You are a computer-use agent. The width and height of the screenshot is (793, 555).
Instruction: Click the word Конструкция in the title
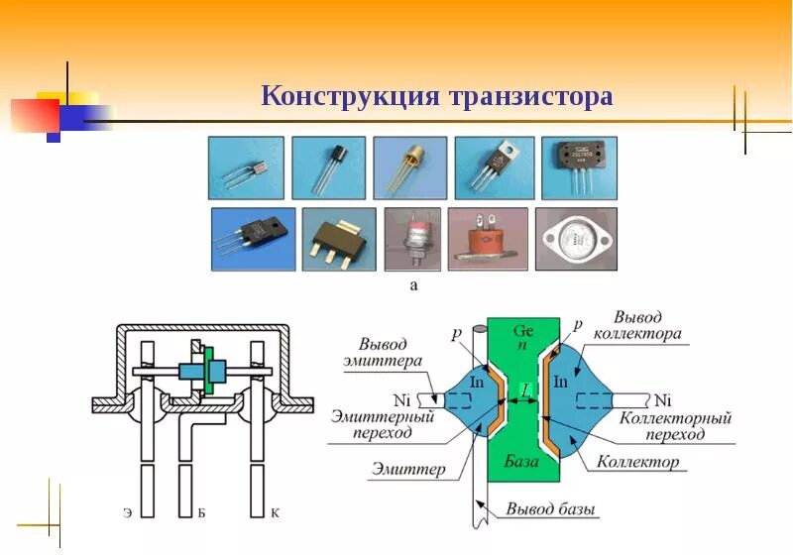tap(349, 97)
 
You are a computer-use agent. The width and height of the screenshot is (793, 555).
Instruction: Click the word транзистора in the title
tap(530, 97)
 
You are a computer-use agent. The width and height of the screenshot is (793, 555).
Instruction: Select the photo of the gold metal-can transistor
tap(409, 167)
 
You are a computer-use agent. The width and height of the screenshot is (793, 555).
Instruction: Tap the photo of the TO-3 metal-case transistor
tap(577, 239)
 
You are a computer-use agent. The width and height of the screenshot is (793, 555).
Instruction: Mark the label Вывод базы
tap(551, 510)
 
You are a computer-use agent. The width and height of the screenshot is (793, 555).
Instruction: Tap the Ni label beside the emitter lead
tap(400, 400)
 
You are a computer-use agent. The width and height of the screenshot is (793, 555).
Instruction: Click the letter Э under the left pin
tap(128, 513)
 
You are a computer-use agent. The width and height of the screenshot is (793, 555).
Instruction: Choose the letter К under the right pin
tap(275, 513)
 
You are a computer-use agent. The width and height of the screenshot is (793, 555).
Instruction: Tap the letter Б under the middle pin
tap(201, 513)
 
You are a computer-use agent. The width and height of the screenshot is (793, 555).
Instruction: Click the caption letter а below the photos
tap(413, 285)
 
